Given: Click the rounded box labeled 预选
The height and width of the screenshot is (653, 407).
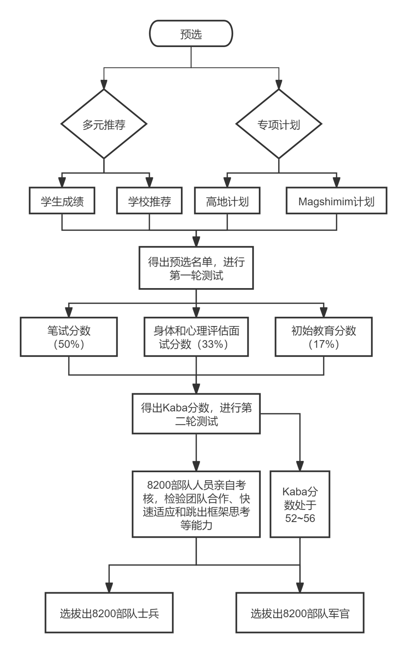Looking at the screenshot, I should point(191,34).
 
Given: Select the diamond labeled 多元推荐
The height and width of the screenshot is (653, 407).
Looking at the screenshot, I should point(104,124).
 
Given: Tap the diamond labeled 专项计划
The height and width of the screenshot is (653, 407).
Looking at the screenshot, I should point(278,124).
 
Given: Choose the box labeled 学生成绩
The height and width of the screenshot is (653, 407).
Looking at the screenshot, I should point(62,201).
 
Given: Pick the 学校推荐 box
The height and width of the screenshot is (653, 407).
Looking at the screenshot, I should point(149,201).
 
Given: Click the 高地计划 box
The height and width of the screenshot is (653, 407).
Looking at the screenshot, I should point(227,201).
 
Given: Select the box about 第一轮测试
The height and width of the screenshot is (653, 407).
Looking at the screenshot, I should point(196,268).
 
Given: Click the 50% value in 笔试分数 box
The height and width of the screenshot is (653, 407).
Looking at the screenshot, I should point(69,344).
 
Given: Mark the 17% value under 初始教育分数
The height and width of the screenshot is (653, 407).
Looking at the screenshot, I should point(324,344).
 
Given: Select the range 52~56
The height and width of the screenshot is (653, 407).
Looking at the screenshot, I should point(300,518).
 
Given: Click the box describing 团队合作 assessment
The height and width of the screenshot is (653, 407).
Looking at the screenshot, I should point(196,504).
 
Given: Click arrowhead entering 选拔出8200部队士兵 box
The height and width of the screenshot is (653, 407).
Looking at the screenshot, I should point(109,588).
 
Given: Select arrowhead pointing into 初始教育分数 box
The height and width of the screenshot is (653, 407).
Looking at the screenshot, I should point(324,313).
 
